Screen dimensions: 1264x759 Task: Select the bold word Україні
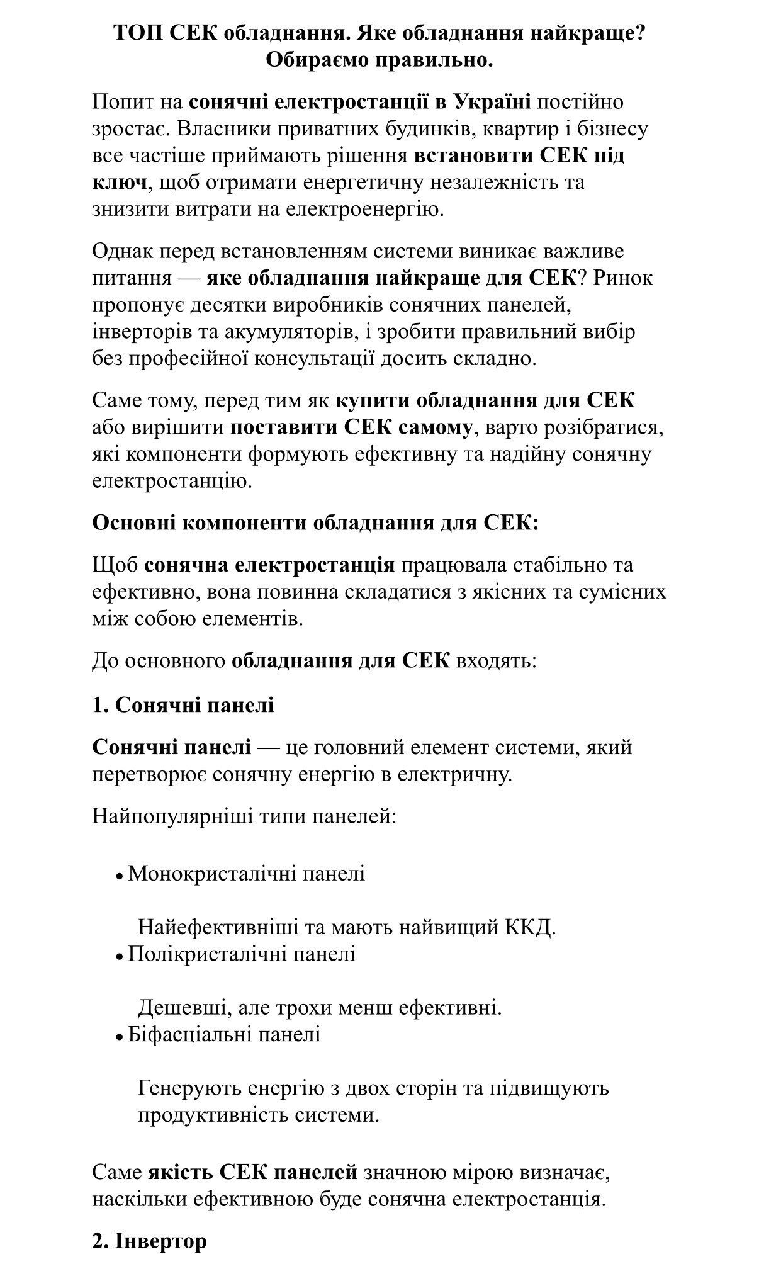click(492, 101)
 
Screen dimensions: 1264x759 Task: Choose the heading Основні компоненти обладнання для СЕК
click(315, 522)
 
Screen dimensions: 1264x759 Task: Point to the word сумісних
click(623, 592)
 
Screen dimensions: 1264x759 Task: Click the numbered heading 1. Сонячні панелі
click(183, 704)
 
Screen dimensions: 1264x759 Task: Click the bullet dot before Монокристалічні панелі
click(119, 876)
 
